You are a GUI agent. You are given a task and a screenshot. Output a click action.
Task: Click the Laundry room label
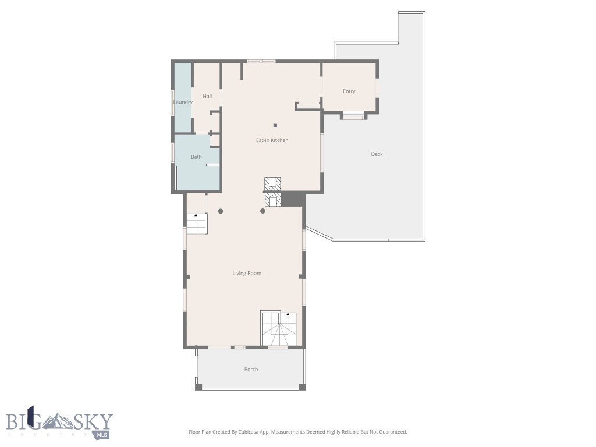click(183, 102)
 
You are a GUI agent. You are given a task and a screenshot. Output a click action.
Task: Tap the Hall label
click(207, 96)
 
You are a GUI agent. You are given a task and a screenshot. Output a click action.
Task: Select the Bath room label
click(196, 157)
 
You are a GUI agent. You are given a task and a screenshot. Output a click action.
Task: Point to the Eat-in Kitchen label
click(272, 140)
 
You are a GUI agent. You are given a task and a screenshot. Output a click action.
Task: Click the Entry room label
click(349, 91)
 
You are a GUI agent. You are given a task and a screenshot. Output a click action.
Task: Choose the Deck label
click(377, 154)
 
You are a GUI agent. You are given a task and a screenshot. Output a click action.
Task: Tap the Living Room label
click(247, 273)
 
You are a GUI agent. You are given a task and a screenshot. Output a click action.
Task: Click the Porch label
click(251, 370)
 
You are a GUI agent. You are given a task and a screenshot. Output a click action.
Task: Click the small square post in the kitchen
click(276, 125)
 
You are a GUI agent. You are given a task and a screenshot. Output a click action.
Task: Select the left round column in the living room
click(221, 211)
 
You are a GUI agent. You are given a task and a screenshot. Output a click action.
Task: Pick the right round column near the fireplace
click(262, 211)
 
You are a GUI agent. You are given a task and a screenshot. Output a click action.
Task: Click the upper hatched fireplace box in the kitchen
click(272, 183)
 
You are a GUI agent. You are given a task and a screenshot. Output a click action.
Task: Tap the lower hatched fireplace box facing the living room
click(272, 200)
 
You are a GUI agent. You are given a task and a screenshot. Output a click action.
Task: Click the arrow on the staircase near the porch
click(288, 315)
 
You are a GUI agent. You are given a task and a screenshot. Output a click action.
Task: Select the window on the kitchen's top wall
click(261, 61)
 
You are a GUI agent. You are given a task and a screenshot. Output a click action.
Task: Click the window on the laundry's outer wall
click(172, 102)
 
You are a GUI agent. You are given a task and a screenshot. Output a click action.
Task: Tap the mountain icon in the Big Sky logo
click(55, 421)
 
